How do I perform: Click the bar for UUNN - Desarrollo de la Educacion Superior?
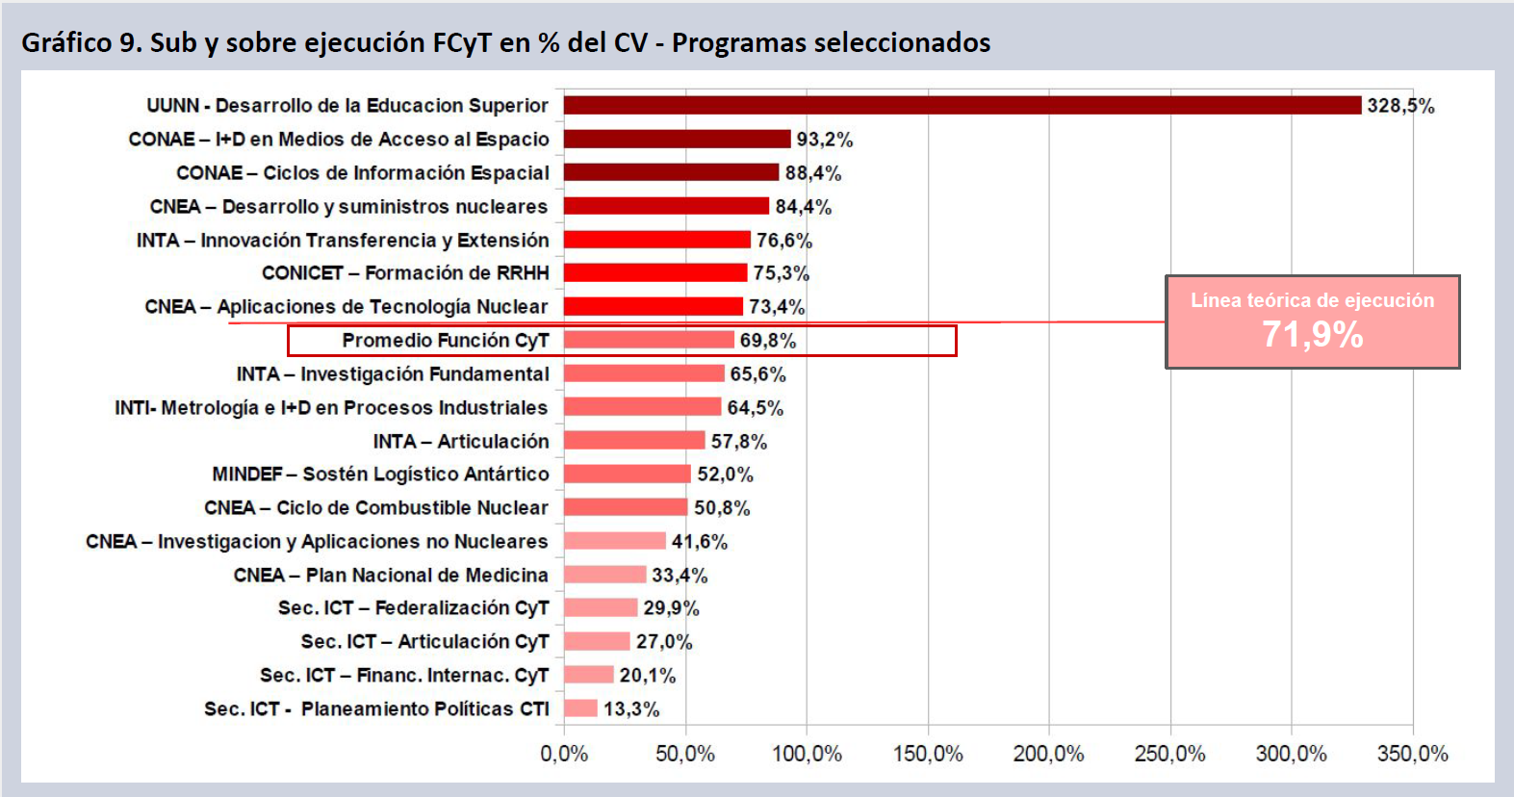click(x=962, y=105)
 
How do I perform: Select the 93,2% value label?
click(x=824, y=140)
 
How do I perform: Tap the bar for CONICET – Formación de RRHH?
click(x=655, y=273)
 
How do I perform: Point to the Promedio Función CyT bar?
click(x=649, y=340)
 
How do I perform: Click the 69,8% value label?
click(x=767, y=341)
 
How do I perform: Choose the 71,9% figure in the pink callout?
click(x=1312, y=335)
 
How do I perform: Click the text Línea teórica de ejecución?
click(x=1312, y=300)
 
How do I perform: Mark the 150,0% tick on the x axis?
click(x=928, y=754)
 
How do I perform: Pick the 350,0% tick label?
click(x=1412, y=754)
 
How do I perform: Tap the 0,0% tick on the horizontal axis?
click(x=564, y=754)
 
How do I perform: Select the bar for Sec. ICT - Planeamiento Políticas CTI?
click(x=580, y=709)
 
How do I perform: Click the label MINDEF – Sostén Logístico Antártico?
click(x=380, y=475)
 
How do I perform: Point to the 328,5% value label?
click(x=1400, y=106)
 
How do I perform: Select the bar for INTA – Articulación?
click(x=634, y=441)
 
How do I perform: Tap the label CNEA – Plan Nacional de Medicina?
click(x=391, y=576)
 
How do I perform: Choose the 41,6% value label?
click(x=699, y=542)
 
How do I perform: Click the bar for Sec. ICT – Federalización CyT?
click(x=601, y=608)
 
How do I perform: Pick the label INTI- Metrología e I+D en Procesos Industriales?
click(x=331, y=408)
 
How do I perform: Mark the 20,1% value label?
click(x=647, y=676)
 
